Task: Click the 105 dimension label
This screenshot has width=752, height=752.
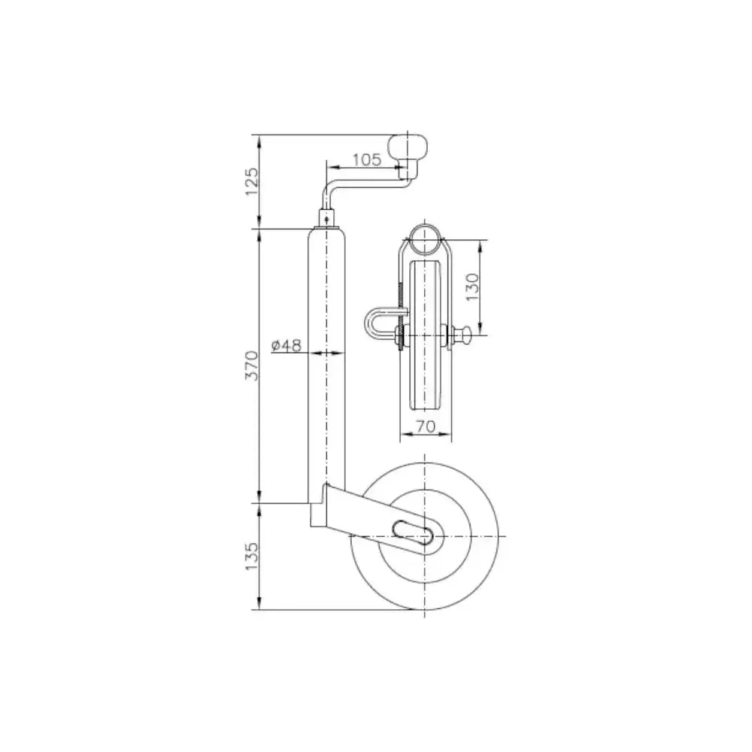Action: pyautogui.click(x=367, y=159)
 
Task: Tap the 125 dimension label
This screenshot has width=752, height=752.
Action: pyautogui.click(x=251, y=181)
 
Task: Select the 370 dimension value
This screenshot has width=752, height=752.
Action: pyautogui.click(x=251, y=365)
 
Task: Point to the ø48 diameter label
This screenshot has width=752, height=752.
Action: pyautogui.click(x=286, y=345)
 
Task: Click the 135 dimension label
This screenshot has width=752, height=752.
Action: pyautogui.click(x=251, y=556)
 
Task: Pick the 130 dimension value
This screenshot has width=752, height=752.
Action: pyautogui.click(x=472, y=287)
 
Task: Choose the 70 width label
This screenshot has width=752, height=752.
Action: pyautogui.click(x=426, y=426)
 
